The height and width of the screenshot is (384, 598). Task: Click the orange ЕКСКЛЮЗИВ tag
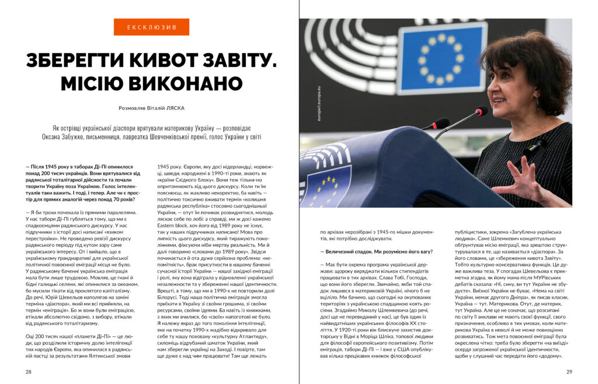point(151,27)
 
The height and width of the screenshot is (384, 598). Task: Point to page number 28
point(29,371)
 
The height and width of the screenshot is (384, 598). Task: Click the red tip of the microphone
point(481,110)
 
